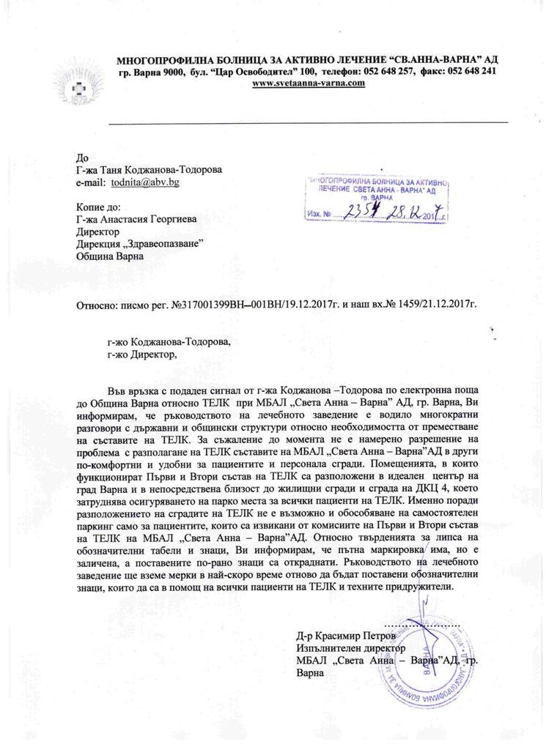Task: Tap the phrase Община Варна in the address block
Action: tap(111, 256)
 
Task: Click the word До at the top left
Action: tap(82, 156)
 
